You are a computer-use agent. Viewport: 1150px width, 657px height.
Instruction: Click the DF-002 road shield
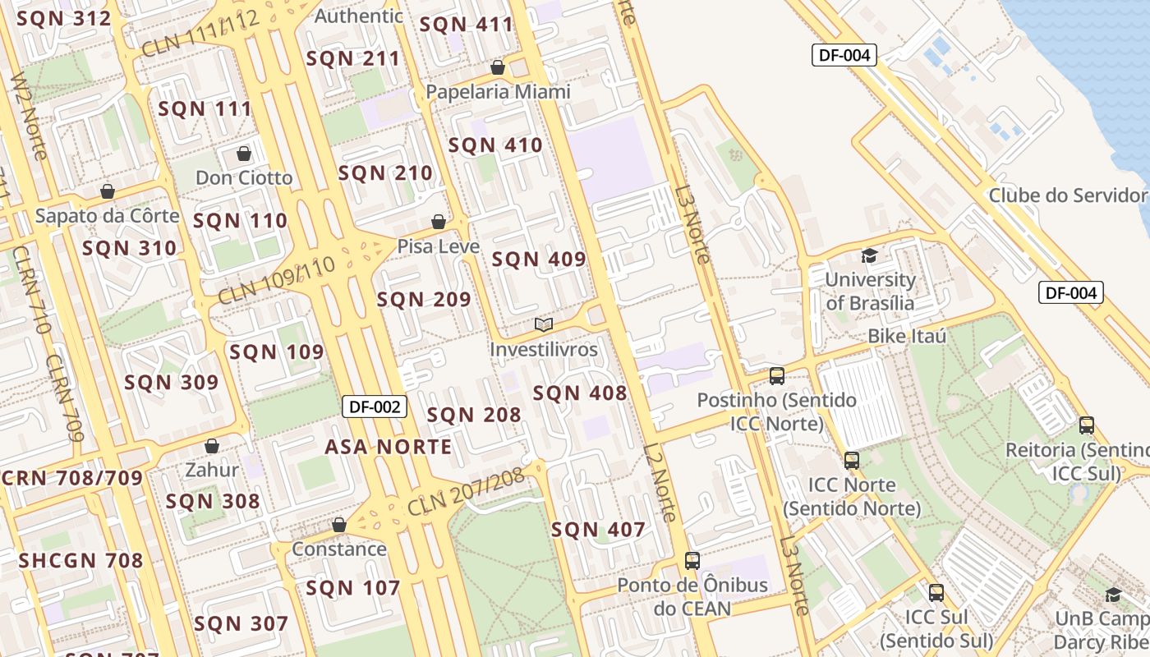pyautogui.click(x=375, y=406)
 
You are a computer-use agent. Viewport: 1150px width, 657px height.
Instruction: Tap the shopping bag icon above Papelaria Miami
pyautogui.click(x=498, y=67)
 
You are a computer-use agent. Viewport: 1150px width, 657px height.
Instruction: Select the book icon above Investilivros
pyautogui.click(x=544, y=324)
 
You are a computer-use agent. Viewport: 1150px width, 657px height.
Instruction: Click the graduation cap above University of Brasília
pyautogui.click(x=869, y=255)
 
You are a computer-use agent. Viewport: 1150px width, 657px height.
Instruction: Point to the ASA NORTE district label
pyautogui.click(x=389, y=447)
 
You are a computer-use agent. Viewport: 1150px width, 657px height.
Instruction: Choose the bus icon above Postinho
pyautogui.click(x=777, y=376)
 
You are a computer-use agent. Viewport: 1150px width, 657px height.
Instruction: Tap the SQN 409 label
pyautogui.click(x=539, y=260)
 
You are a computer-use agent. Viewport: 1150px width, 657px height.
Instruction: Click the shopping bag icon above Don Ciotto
pyautogui.click(x=244, y=154)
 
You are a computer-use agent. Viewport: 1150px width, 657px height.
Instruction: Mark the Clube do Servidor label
pyautogui.click(x=1067, y=195)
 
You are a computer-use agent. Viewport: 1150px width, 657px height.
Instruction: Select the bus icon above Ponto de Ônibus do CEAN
pyautogui.click(x=692, y=561)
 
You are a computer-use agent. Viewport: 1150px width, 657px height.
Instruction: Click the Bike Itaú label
pyautogui.click(x=908, y=336)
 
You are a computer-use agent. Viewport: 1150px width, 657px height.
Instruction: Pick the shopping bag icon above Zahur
pyautogui.click(x=212, y=446)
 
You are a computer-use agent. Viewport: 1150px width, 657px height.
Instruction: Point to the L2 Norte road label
pyautogui.click(x=661, y=483)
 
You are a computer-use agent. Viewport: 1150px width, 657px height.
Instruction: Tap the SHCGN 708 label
pyautogui.click(x=81, y=561)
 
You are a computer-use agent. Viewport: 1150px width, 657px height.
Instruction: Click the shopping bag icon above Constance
pyautogui.click(x=339, y=525)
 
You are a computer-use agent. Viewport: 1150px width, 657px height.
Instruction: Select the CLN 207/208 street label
pyautogui.click(x=465, y=491)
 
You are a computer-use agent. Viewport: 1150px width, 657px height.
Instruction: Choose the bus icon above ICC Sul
pyautogui.click(x=936, y=592)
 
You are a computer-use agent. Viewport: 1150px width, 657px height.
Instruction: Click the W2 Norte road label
pyautogui.click(x=30, y=115)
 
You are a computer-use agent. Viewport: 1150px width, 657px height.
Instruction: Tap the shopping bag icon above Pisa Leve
pyautogui.click(x=439, y=222)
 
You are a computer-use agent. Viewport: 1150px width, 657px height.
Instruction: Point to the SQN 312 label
pyautogui.click(x=64, y=18)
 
